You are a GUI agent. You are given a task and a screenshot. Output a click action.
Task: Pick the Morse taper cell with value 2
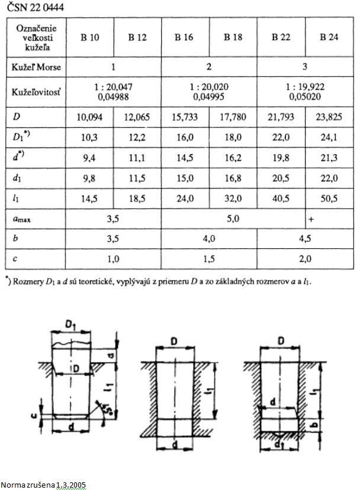pyautogui.click(x=208, y=67)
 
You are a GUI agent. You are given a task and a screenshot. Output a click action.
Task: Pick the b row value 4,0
pyautogui.click(x=208, y=238)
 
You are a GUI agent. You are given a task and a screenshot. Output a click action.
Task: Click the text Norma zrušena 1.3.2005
pyautogui.click(x=43, y=485)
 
